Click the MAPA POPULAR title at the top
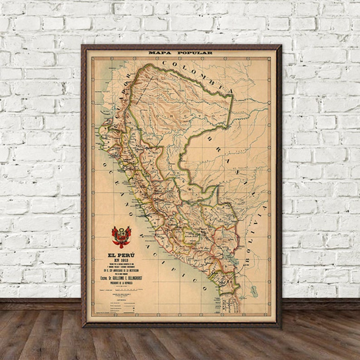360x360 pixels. [180, 53]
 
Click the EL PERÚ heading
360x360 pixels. [121, 254]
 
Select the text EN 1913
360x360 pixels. [121, 260]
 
